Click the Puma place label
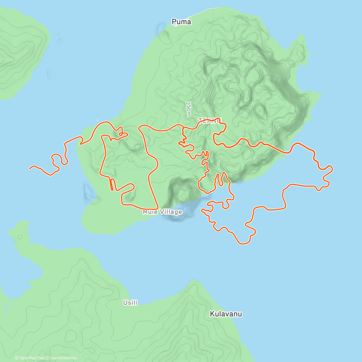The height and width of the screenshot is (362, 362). (181, 22)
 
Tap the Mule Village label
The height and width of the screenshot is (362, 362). (162, 212)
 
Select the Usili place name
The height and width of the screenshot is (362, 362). (130, 302)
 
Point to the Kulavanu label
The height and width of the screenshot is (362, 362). (226, 314)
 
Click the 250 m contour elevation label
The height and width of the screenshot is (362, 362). (189, 109)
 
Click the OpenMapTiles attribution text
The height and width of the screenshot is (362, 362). (32, 358)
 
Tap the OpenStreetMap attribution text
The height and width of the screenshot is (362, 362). (63, 358)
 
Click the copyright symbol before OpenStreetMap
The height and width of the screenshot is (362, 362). (48, 358)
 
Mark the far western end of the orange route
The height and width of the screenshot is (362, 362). (30, 168)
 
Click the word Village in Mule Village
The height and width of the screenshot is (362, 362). (171, 212)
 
